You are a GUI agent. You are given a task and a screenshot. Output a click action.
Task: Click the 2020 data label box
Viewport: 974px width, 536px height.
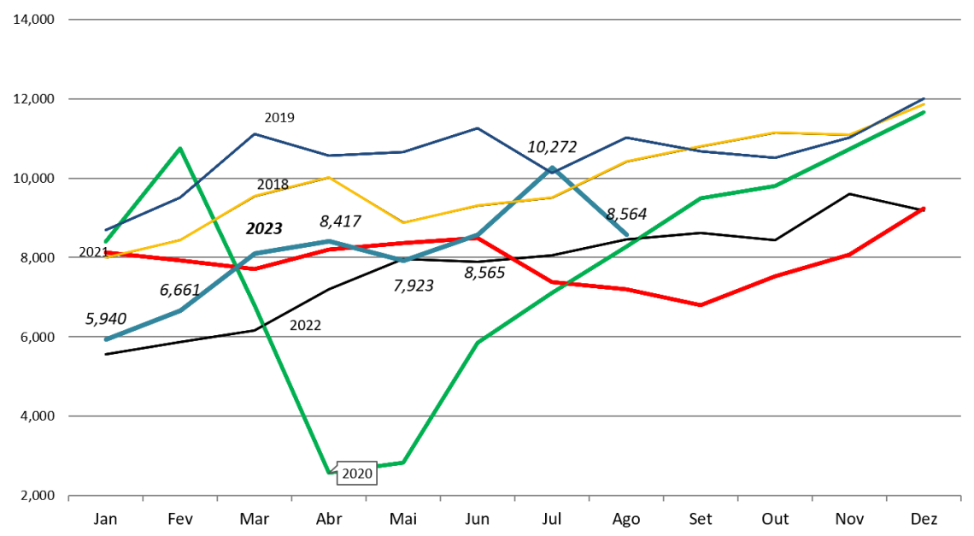(x=356, y=474)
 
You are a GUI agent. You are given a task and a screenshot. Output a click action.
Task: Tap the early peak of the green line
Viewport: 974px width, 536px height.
(x=179, y=148)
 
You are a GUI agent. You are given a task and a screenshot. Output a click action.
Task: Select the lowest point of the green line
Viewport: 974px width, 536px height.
(x=329, y=472)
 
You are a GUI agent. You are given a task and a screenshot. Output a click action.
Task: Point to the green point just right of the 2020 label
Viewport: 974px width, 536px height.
(x=402, y=462)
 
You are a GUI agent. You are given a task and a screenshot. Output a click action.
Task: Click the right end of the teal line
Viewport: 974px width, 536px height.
(x=627, y=234)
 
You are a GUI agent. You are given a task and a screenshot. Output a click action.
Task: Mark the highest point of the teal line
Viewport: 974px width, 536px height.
(x=552, y=168)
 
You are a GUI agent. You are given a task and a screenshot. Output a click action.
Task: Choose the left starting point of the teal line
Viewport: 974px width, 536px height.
(x=106, y=339)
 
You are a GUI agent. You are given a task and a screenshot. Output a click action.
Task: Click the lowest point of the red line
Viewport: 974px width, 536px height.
(x=701, y=305)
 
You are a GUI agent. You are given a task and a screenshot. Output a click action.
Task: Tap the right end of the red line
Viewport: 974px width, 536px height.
(x=924, y=208)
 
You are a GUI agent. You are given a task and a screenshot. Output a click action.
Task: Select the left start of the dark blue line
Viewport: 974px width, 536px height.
(x=106, y=230)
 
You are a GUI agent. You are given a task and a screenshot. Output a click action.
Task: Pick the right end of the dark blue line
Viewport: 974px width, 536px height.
(x=924, y=98)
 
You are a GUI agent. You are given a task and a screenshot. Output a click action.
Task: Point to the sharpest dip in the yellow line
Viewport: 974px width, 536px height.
(x=402, y=222)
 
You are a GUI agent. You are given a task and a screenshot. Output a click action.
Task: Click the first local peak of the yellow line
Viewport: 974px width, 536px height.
(x=329, y=177)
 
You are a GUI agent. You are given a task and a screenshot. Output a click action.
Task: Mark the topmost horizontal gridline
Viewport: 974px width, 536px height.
(x=513, y=19)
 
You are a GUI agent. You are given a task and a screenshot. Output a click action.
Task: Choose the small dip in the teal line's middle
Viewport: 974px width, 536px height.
(x=402, y=261)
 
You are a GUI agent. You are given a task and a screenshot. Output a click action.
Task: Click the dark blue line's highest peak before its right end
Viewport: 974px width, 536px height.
(x=477, y=128)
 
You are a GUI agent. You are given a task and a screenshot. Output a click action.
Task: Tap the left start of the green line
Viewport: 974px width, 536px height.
(x=106, y=241)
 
